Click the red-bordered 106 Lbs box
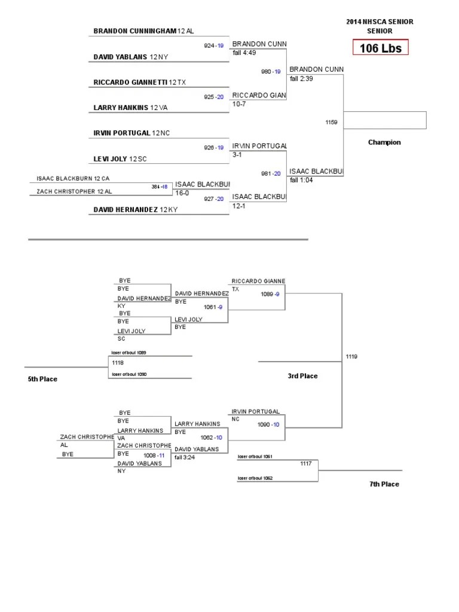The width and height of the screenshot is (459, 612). pyautogui.click(x=380, y=48)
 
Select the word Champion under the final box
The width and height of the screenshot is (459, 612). pyautogui.click(x=384, y=142)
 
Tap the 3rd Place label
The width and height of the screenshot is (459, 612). pyautogui.click(x=302, y=376)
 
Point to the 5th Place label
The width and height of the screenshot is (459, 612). pyautogui.click(x=42, y=379)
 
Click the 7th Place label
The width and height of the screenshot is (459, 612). pyautogui.click(x=384, y=484)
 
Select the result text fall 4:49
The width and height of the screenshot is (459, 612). pyautogui.click(x=244, y=52)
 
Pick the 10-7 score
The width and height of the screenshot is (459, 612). pyautogui.click(x=239, y=103)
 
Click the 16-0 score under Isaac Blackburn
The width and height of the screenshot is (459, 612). pyautogui.click(x=182, y=193)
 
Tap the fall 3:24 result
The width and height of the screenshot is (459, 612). pyautogui.click(x=185, y=457)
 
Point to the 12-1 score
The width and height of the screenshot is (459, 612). pyautogui.click(x=239, y=205)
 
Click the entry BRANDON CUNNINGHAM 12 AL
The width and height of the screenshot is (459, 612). pyautogui.click(x=143, y=30)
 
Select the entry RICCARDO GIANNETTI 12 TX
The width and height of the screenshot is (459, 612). pyautogui.click(x=144, y=82)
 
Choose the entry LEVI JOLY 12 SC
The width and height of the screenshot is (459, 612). pyautogui.click(x=120, y=158)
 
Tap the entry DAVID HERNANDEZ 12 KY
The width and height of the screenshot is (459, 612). pyautogui.click(x=136, y=210)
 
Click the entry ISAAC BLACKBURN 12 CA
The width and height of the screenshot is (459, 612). pyautogui.click(x=73, y=178)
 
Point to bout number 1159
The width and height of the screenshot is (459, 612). pyautogui.click(x=331, y=122)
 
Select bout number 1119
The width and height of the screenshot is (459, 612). pyautogui.click(x=351, y=357)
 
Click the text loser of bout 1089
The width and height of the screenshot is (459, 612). pyautogui.click(x=128, y=353)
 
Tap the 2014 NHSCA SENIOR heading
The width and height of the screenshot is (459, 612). pyautogui.click(x=380, y=22)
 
